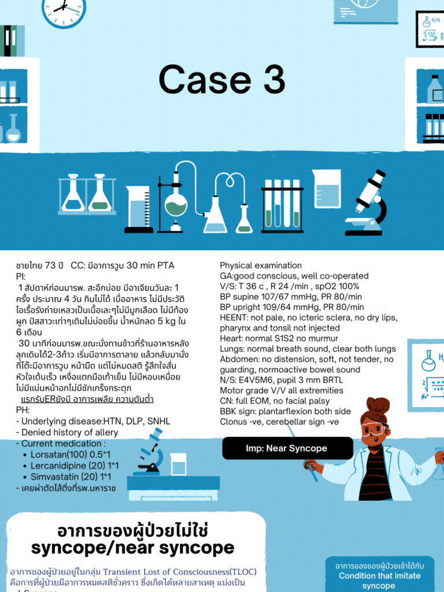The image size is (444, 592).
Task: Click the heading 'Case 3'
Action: pyautogui.click(x=222, y=80)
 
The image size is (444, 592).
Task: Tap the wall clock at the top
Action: pyautogui.click(x=64, y=9)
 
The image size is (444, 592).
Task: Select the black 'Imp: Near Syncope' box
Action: pyautogui.click(x=287, y=448)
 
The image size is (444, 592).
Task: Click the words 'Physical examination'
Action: pyautogui.click(x=261, y=265)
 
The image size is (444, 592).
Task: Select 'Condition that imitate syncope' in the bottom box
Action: pyautogui.click(x=379, y=580)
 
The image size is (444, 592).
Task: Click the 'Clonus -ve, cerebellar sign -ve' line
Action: pyautogui.click(x=279, y=421)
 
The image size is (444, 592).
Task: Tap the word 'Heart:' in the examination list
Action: pyautogui.click(x=232, y=338)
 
